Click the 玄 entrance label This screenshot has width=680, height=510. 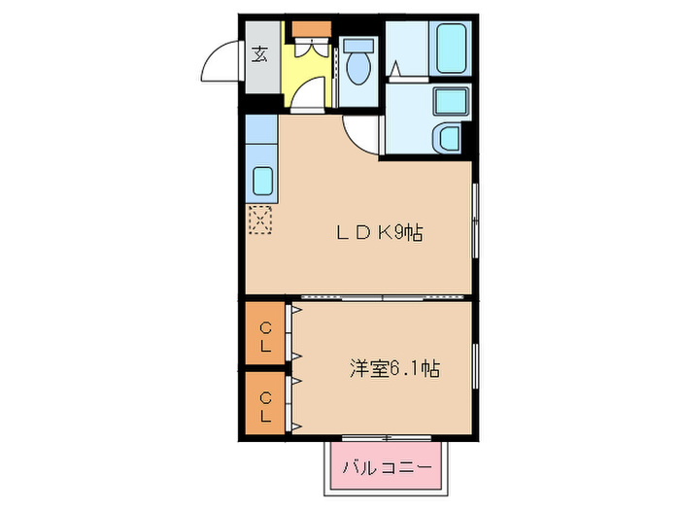point(260,55)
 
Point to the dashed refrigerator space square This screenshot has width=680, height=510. point(261,221)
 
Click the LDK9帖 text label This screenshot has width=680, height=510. point(378,233)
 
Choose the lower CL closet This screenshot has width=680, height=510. point(265,401)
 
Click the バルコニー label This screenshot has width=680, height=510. point(386,468)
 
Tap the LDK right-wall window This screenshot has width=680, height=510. point(475,221)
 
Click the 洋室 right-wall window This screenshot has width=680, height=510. point(475,369)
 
